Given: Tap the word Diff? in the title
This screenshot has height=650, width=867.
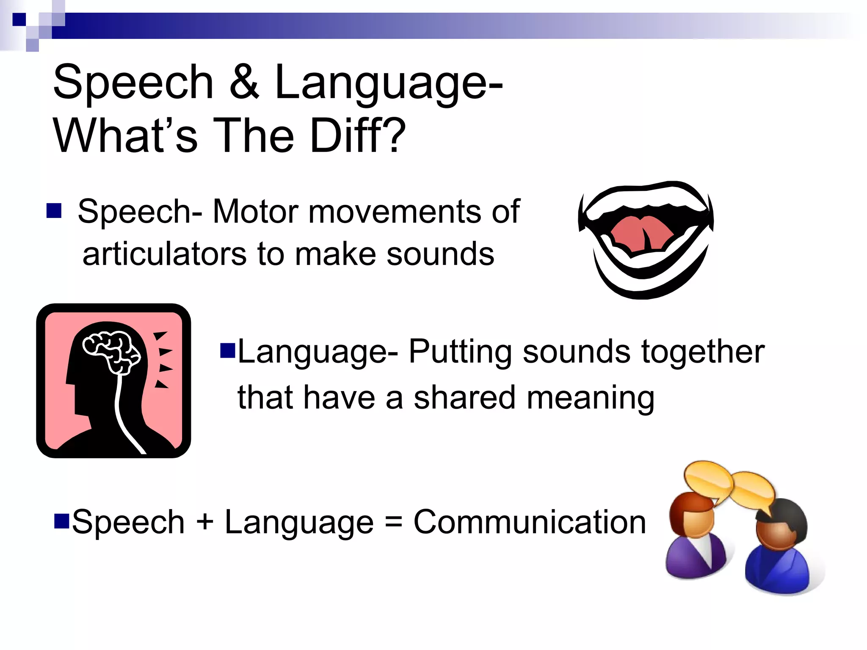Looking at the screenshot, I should coord(358,135).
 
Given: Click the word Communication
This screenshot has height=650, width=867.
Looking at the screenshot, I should coord(529,522).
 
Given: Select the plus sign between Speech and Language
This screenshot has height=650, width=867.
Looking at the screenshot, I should coord(205,522).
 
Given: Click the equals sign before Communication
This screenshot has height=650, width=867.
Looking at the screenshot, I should coord(393,522).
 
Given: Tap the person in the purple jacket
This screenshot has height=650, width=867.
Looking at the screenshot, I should coord(694,537).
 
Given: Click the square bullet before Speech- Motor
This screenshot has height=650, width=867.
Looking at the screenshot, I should coord(54,210).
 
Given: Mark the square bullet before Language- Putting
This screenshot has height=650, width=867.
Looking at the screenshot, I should coord(227,350).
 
